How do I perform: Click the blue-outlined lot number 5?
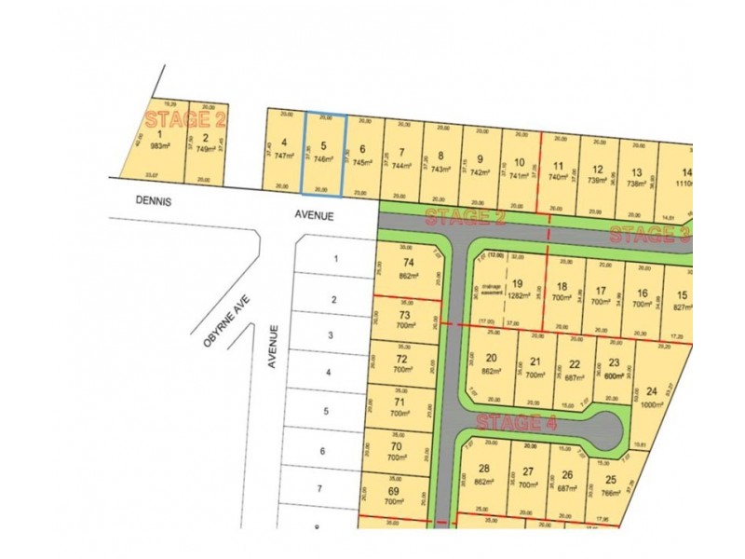[323, 146]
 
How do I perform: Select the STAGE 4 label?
[517, 423]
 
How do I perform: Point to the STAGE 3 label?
[649, 234]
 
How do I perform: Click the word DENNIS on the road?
[155, 199]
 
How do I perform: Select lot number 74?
[407, 264]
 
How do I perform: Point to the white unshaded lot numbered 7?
[318, 488]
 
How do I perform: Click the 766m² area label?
[611, 493]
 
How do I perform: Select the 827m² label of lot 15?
[682, 305]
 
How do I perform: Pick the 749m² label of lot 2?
[205, 148]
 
